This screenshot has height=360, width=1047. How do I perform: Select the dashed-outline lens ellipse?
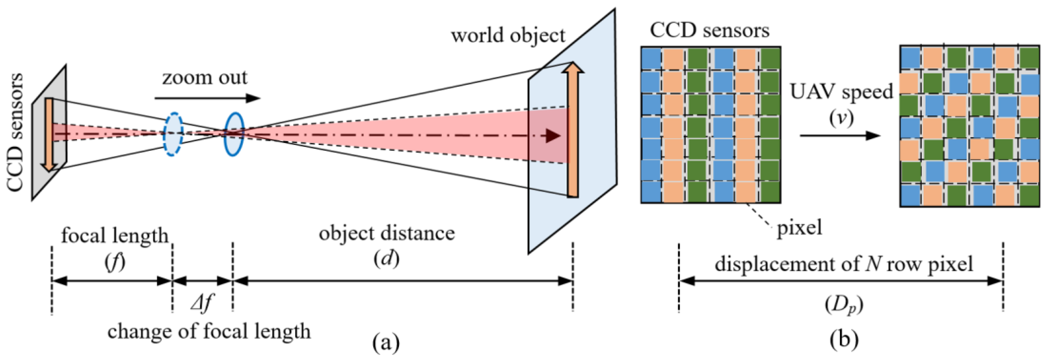click(x=173, y=134)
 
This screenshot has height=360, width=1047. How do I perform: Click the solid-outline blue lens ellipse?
click(x=234, y=134)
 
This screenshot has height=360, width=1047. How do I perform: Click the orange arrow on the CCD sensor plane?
click(x=49, y=134)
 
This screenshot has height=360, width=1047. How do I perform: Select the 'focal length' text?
click(x=115, y=235)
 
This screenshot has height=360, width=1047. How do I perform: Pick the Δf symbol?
click(x=202, y=303)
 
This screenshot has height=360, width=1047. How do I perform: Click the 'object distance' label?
click(x=387, y=234)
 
